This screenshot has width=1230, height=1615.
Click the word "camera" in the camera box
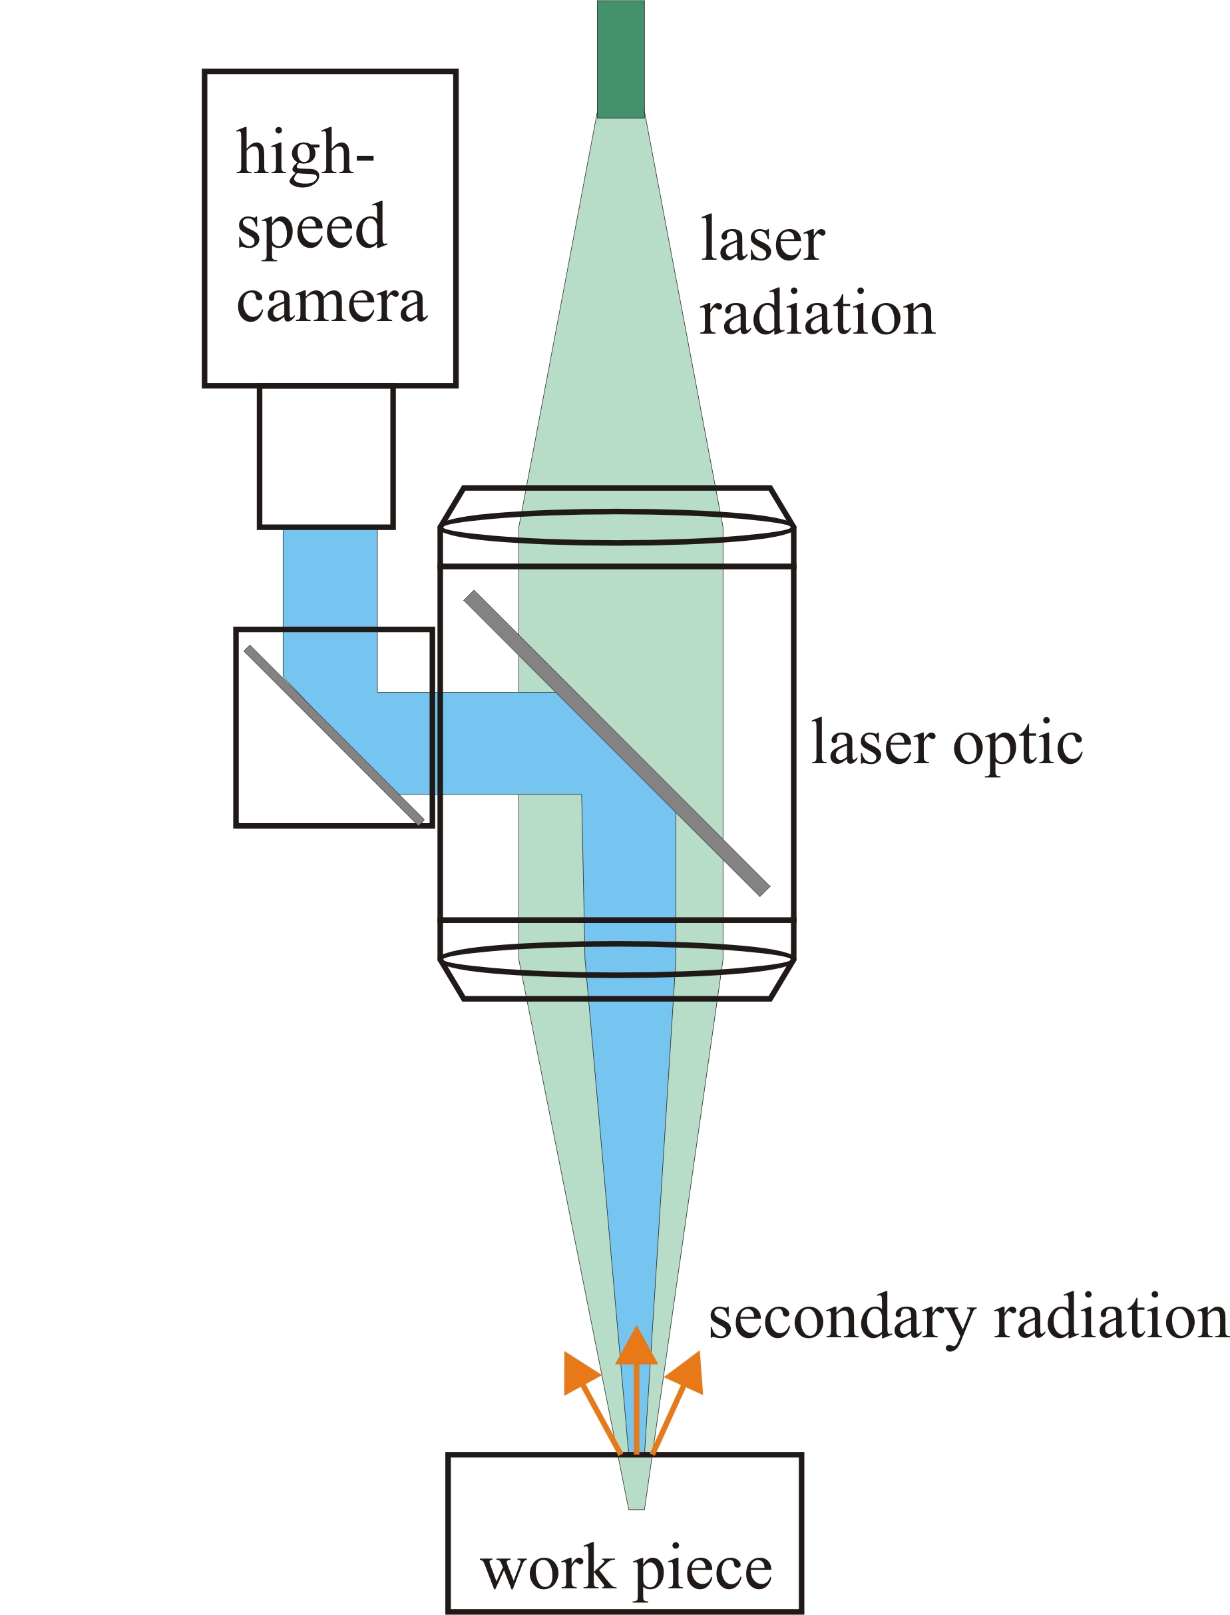(331, 302)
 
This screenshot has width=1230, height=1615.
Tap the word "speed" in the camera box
(312, 228)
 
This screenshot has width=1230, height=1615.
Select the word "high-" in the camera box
(306, 154)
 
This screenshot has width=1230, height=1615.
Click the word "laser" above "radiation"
(763, 239)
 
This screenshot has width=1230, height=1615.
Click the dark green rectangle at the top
(621, 59)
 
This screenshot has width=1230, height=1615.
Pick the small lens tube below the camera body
(327, 456)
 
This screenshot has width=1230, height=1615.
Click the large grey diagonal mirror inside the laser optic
(616, 743)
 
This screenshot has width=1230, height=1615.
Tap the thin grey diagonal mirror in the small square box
(334, 735)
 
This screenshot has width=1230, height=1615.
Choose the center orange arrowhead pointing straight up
(636, 1346)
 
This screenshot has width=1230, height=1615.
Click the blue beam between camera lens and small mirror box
(330, 579)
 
